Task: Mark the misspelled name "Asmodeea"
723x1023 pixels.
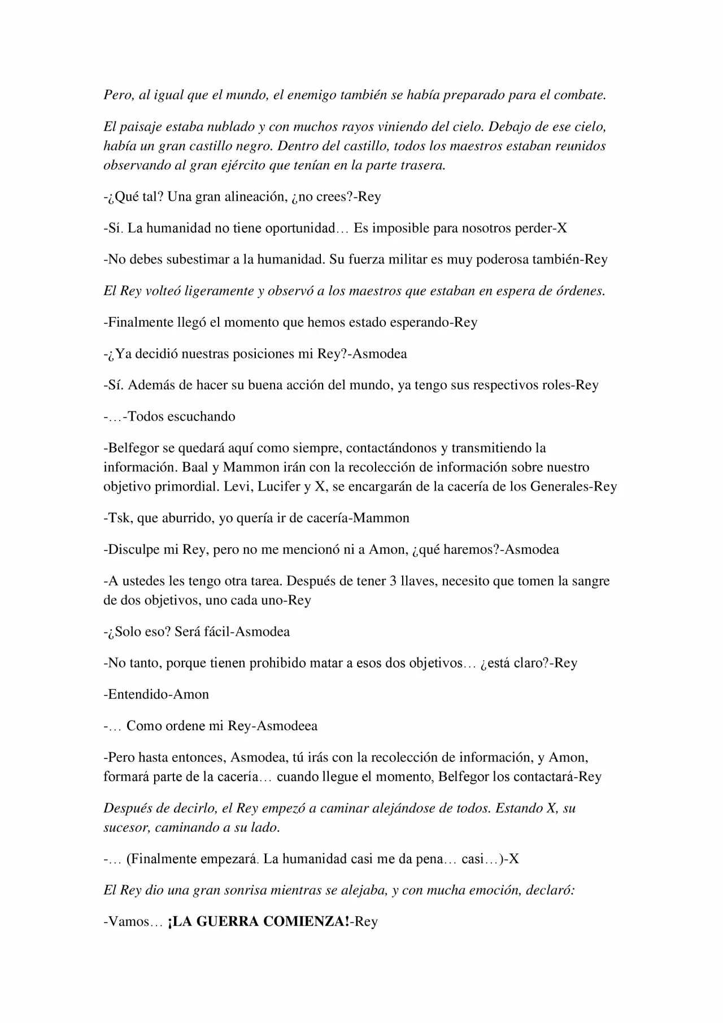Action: (287, 726)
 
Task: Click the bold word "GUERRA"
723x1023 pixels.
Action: (230, 922)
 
